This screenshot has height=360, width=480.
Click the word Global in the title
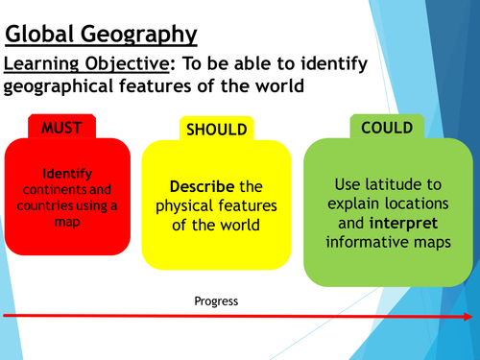(42, 35)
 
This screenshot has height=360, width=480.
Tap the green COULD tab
(379, 127)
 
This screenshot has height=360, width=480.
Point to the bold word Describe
(197, 185)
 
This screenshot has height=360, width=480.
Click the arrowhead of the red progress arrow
(472, 315)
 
